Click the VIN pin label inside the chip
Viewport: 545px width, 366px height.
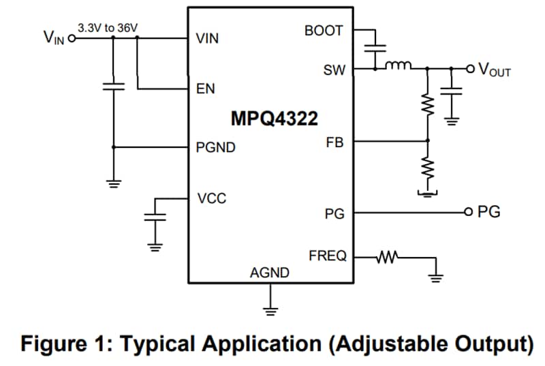[x=207, y=39]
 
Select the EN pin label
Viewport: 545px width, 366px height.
[x=205, y=89]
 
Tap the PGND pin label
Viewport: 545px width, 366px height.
[x=215, y=147]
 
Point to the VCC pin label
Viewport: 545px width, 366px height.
[x=211, y=199]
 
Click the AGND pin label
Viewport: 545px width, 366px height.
[x=270, y=273]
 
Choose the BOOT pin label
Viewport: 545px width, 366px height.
[x=324, y=31]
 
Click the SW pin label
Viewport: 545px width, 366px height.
[x=334, y=70]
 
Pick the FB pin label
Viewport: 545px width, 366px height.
[x=335, y=143]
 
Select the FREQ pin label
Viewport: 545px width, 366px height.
[x=327, y=256]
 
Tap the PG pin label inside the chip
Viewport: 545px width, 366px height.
[x=334, y=215]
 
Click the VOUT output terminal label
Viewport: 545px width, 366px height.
[x=495, y=69]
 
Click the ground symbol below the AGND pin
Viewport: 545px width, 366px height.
[x=271, y=311]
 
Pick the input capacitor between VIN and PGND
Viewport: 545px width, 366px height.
[x=114, y=87]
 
